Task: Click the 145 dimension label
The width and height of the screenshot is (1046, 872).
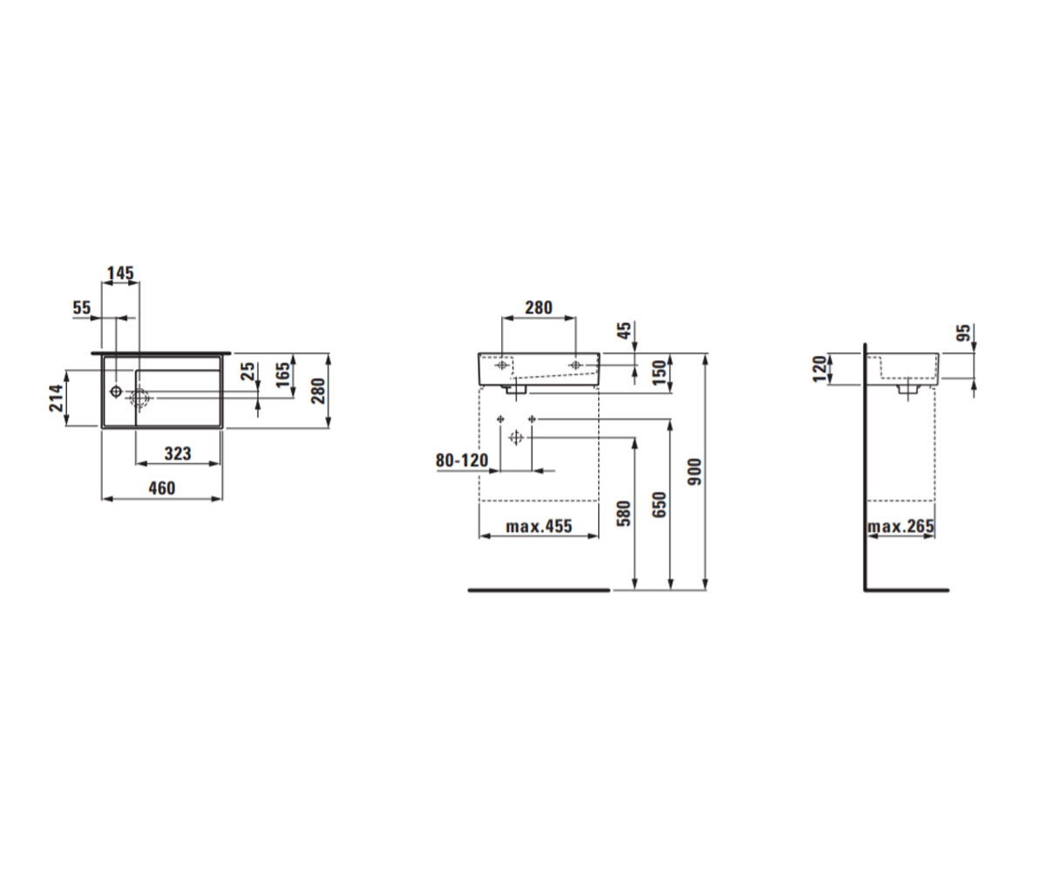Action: point(121,273)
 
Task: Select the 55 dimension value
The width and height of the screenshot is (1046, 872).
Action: point(82,307)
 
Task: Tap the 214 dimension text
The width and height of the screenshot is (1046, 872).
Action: point(56,398)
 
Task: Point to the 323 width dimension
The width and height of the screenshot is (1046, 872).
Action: point(178,453)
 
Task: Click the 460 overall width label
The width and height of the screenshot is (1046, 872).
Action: point(162,487)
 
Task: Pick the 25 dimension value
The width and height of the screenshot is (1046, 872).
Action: point(248,371)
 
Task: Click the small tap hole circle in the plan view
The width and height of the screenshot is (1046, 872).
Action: point(116,391)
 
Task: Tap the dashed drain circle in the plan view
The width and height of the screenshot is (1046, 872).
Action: point(139,398)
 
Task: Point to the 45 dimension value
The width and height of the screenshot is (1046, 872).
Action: point(625,330)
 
